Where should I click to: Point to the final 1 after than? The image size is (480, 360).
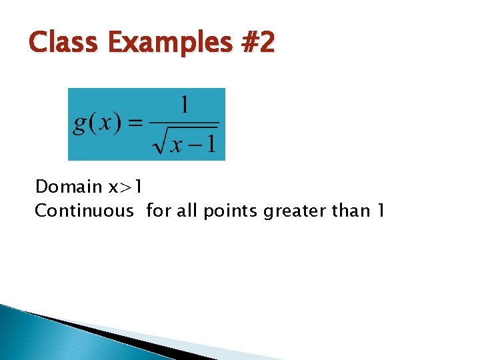click(x=381, y=211)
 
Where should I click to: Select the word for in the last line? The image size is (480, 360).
click(x=158, y=211)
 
